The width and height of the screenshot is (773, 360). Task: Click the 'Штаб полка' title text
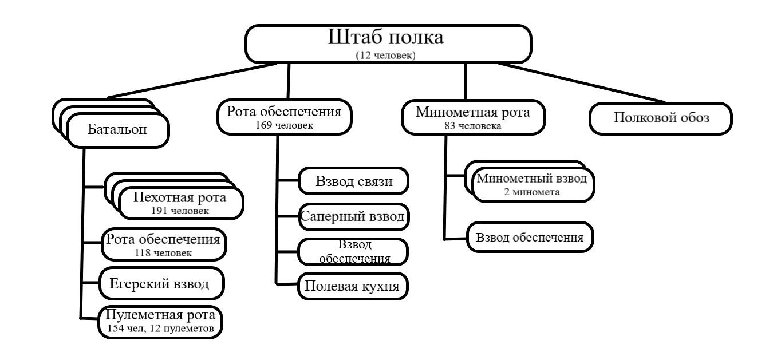[385, 37]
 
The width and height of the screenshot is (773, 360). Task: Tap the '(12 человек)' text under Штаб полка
[385, 55]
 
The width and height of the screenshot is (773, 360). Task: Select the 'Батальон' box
[118, 130]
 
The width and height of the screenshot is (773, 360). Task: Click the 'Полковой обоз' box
[661, 118]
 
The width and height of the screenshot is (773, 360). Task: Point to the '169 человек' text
[284, 125]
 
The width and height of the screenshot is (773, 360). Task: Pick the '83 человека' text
[473, 126]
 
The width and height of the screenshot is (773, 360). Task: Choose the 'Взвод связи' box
[353, 181]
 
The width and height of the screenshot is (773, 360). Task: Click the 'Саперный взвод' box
[354, 217]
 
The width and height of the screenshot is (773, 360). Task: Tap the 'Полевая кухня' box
[353, 286]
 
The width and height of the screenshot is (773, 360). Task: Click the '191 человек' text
[180, 211]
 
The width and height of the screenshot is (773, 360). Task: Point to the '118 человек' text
[163, 253]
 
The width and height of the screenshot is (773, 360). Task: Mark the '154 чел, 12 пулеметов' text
[160, 328]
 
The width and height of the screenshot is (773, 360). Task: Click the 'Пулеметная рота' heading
[160, 314]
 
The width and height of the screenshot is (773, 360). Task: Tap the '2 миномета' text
[532, 192]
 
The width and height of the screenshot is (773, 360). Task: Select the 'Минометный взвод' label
[532, 178]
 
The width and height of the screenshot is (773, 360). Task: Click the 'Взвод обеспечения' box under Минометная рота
[530, 238]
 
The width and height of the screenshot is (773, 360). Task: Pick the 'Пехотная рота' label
[180, 197]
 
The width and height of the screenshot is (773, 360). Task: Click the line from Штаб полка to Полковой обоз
[582, 83]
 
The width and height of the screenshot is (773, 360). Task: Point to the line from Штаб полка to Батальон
[191, 81]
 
